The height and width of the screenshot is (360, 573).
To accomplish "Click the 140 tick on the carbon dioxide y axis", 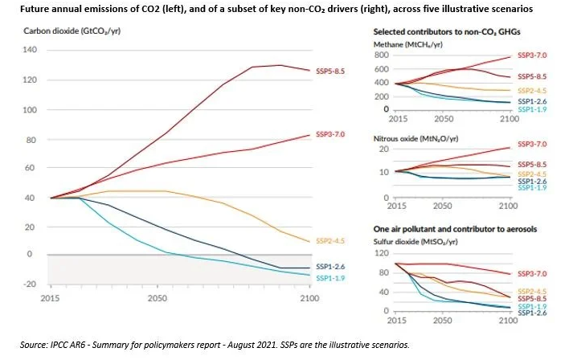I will (31, 50).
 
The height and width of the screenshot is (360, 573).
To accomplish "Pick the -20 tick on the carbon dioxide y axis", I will (31, 284).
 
